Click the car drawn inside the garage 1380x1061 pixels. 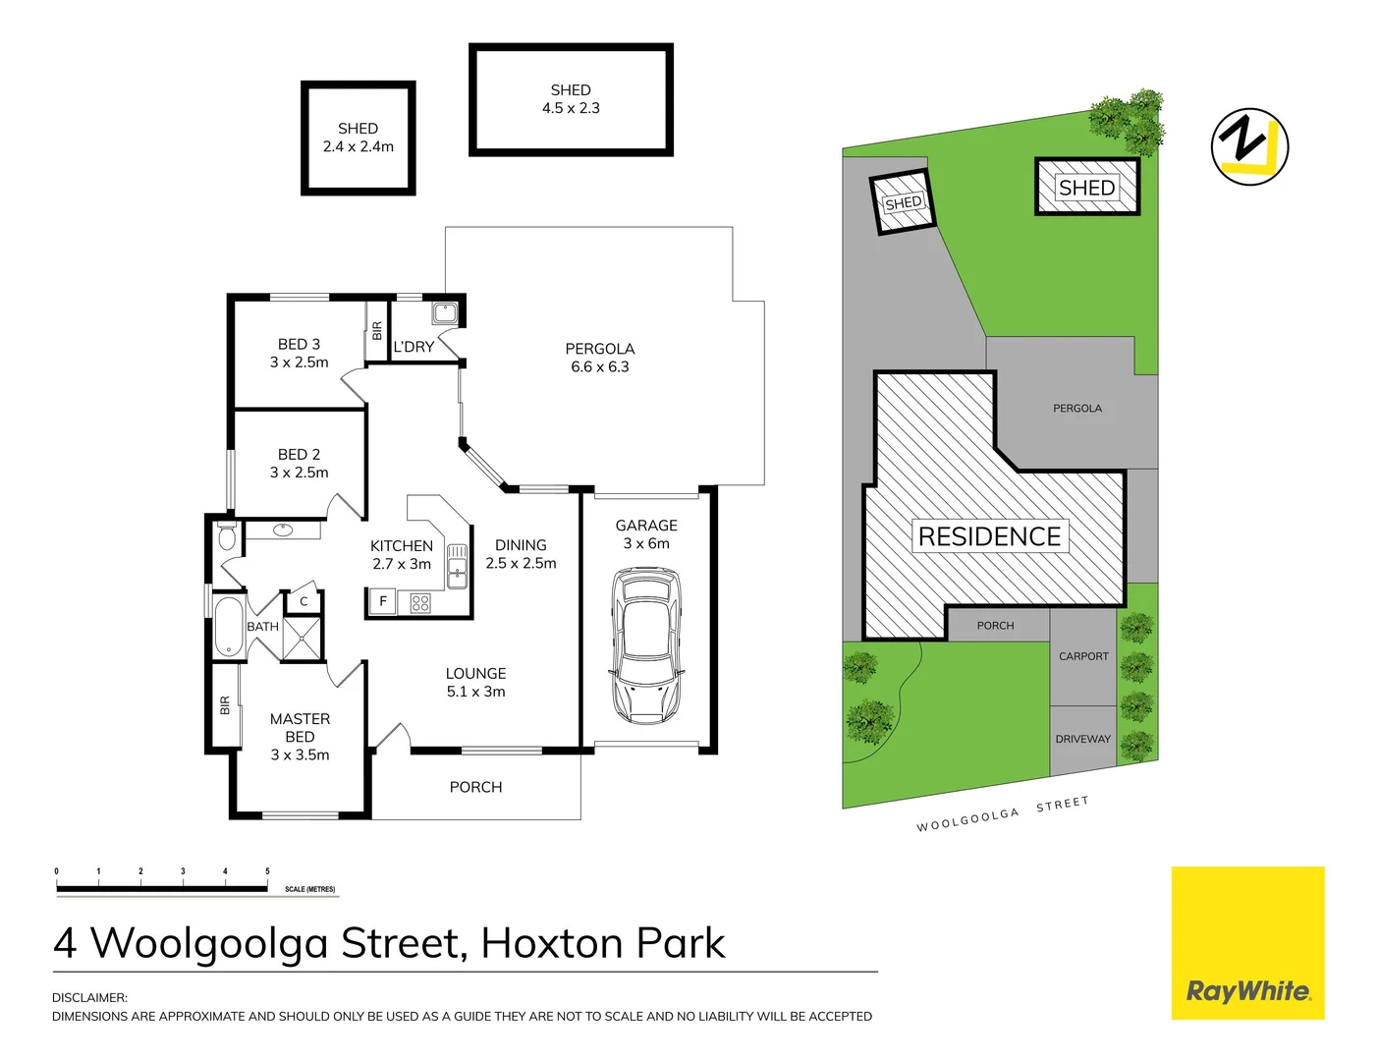646,645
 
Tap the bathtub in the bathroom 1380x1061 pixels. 229,627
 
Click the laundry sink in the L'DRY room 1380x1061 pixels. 445,313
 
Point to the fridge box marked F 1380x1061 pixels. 383,601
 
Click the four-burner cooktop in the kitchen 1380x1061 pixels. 420,603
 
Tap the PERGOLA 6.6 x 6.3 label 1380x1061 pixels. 600,358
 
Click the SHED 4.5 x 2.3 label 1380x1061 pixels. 571,98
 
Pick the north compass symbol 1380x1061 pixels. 1249,146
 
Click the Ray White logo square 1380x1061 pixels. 1247,943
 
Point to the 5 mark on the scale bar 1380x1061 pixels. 267,871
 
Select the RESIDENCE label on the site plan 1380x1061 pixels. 989,536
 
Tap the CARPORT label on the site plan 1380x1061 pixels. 1083,656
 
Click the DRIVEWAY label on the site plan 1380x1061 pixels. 1082,739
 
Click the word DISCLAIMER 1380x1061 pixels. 89,997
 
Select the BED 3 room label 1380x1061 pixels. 300,353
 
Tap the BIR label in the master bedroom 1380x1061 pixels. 225,705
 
